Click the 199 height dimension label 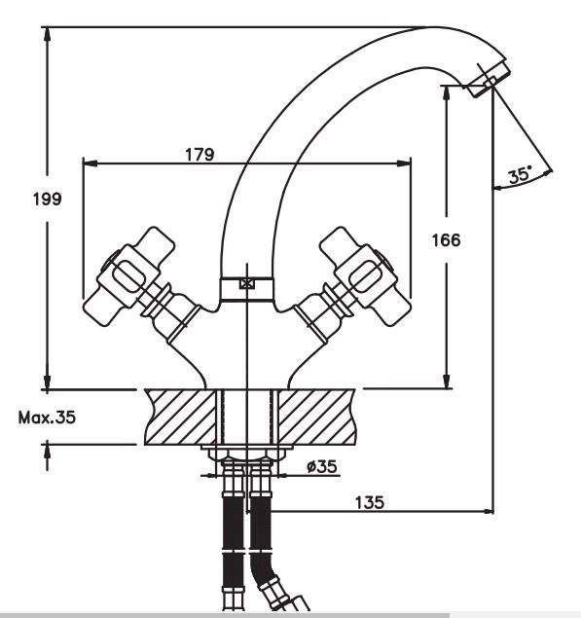click(48, 199)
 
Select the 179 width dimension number click(200, 154)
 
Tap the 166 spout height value click(446, 240)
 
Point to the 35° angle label click(520, 174)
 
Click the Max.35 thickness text click(47, 418)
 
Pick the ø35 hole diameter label click(322, 466)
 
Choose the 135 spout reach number click(370, 502)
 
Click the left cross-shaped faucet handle click(129, 275)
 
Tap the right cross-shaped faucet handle click(365, 275)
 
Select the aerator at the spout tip click(489, 80)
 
